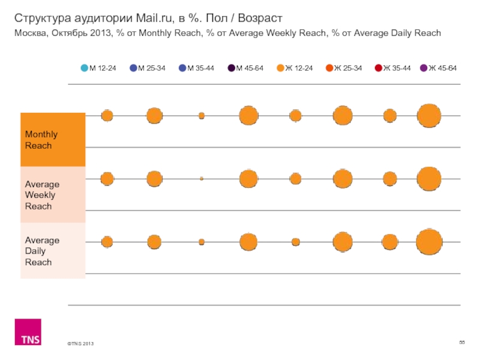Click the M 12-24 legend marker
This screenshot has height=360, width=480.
point(85,68)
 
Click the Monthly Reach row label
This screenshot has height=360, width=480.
point(39,140)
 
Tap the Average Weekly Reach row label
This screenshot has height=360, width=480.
point(42,195)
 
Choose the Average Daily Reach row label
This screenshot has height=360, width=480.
point(42,251)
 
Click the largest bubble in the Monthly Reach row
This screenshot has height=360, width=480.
point(429,116)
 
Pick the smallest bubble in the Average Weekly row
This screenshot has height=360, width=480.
point(202,179)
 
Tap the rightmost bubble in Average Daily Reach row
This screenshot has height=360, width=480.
point(429,242)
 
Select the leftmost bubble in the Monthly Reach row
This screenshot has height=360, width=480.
point(107,116)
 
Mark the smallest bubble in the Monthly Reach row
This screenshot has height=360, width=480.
point(202,115)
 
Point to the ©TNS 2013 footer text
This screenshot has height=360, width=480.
point(80,343)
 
